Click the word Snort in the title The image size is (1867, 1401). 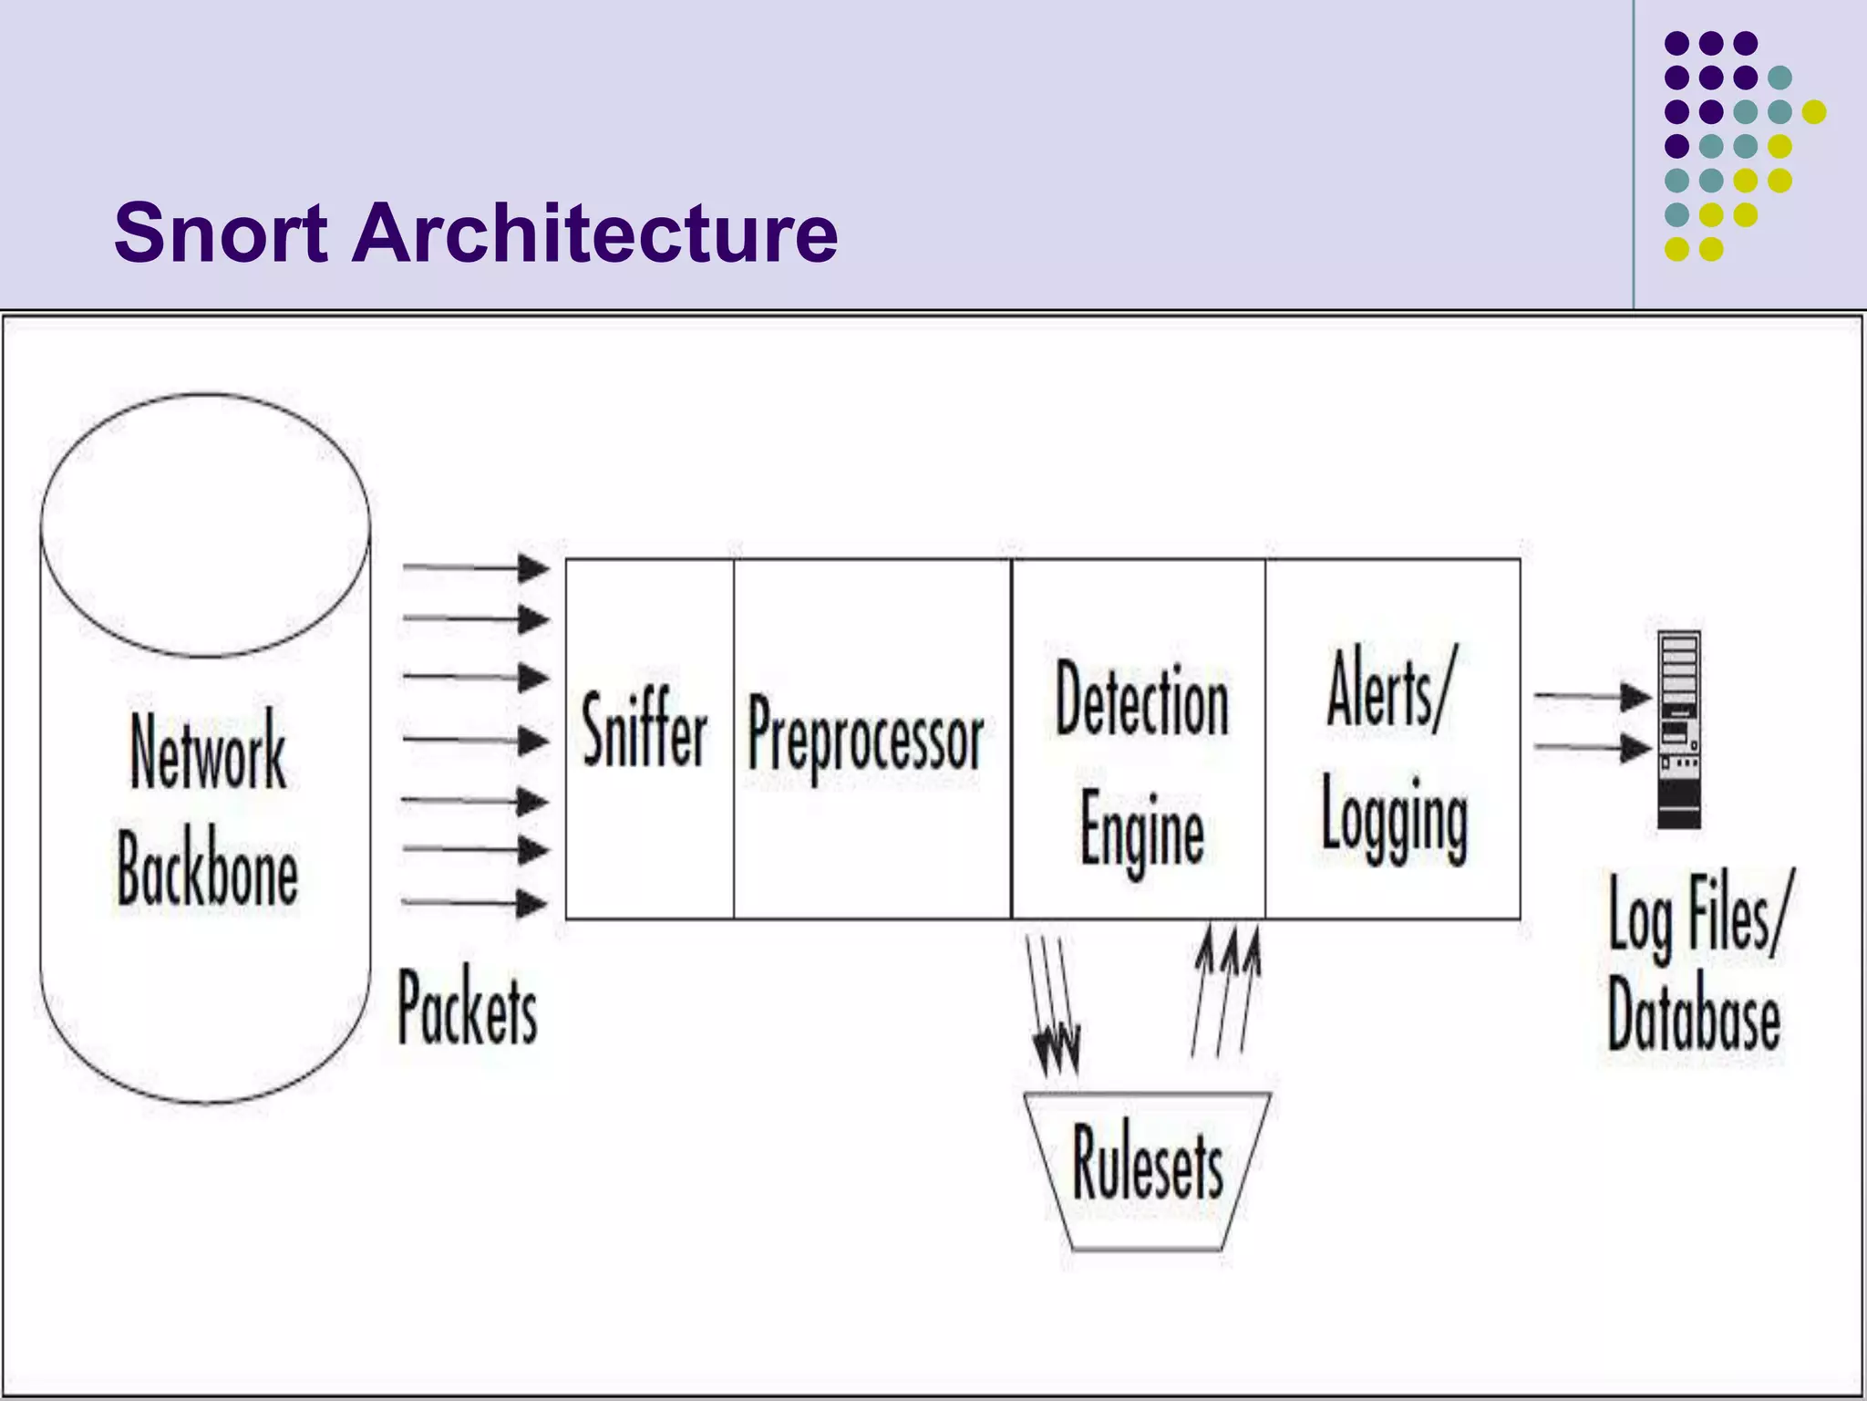coord(221,233)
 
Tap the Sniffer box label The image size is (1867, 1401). coord(645,730)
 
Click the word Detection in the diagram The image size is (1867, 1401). coord(1141,700)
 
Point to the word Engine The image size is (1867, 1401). coord(1141,828)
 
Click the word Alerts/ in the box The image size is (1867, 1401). coord(1390,691)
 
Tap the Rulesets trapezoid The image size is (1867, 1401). coord(1147,1167)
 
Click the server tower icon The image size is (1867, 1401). coord(1678,730)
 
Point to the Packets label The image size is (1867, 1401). coord(468,1008)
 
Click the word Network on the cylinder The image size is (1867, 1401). coord(208,753)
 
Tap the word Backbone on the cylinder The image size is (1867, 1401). coord(208,868)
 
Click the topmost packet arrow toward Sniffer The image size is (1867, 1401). coord(475,568)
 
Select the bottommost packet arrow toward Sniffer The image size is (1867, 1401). coord(475,903)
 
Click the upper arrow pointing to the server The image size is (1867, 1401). coord(1592,697)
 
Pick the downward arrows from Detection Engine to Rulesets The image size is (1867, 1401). coord(1053,1003)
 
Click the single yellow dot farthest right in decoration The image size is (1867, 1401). coord(1814,112)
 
